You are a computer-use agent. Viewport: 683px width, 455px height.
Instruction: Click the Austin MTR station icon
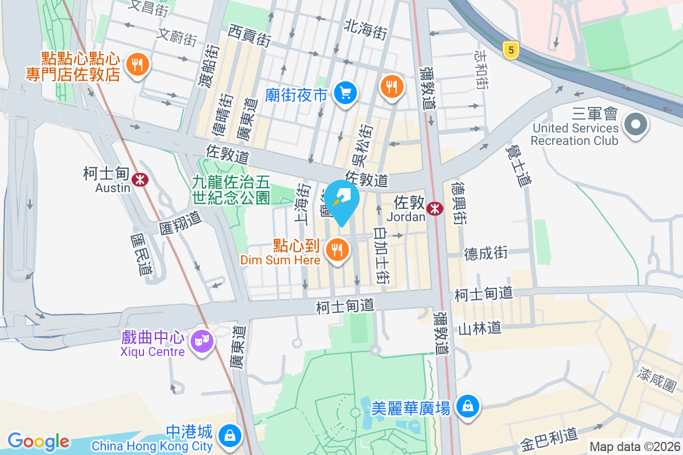(x=139, y=180)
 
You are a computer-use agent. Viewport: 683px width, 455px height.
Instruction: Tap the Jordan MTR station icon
(x=435, y=209)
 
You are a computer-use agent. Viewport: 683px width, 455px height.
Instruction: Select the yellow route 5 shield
(x=511, y=51)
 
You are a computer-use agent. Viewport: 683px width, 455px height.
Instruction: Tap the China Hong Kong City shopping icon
(x=229, y=436)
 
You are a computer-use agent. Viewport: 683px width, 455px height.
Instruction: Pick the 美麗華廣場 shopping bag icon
(x=467, y=406)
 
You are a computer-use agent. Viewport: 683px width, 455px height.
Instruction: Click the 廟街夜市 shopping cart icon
(x=345, y=92)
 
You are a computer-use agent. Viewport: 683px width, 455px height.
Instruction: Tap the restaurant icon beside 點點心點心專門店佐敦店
(x=137, y=64)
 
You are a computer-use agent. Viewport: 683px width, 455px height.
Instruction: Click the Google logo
(x=38, y=441)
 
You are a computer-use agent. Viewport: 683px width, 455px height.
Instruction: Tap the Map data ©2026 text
(x=634, y=447)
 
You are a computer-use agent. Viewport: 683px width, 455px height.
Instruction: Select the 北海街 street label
(x=365, y=30)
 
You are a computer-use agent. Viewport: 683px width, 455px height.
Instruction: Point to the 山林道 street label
(x=480, y=328)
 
